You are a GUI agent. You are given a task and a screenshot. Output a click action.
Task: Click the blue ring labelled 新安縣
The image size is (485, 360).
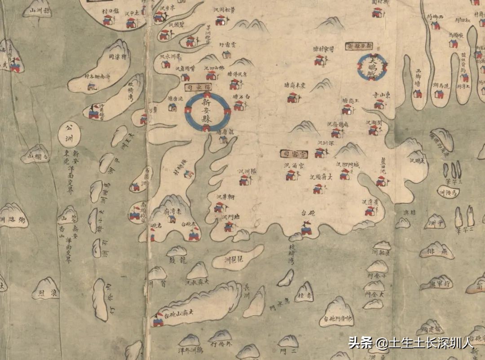coord(208,112)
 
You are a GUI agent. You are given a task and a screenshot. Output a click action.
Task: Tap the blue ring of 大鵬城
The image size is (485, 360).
coord(372,67)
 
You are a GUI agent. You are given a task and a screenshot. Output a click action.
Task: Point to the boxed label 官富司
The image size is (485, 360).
coord(293,154)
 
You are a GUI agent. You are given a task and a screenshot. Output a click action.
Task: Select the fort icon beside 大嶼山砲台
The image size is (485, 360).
coord(158,320)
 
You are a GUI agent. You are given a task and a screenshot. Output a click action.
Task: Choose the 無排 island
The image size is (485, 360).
coord(436,251)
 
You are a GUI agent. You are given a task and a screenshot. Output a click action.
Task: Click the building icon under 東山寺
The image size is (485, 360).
coord(379,104)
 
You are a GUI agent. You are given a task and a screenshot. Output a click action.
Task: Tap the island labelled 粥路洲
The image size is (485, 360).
coord(13,215)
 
